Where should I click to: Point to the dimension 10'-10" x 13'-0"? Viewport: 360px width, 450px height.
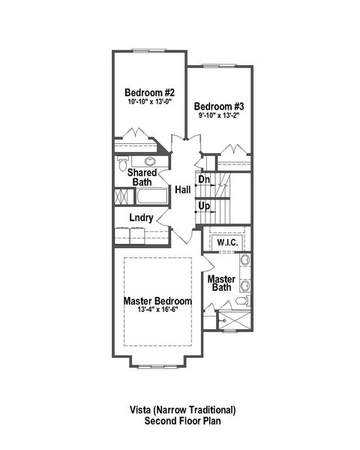tap(150, 102)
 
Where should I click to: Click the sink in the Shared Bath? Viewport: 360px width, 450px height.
tap(150, 160)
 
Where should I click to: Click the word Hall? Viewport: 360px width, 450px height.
tap(182, 190)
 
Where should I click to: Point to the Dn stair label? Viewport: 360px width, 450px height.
tap(204, 179)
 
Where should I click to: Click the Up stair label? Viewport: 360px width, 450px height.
tap(203, 205)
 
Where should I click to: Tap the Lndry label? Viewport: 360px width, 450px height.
tap(141, 218)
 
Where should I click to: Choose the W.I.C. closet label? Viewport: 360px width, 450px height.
tap(227, 243)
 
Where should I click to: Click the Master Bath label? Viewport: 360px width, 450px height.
tap(222, 283)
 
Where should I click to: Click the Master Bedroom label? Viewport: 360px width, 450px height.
tap(157, 301)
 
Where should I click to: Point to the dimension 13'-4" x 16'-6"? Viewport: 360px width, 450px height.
tap(157, 310)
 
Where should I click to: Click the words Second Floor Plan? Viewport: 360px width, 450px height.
tap(181, 421)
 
